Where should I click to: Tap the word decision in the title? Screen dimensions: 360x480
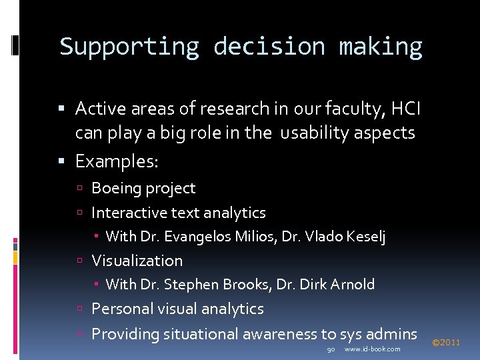point(269,47)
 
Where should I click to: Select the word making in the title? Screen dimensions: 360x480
point(380,47)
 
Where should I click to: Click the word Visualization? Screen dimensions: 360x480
point(137,261)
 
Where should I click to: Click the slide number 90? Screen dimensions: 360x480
point(331,349)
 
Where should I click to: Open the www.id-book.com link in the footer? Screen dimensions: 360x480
point(372,349)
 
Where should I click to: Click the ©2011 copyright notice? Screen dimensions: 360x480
point(446,343)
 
